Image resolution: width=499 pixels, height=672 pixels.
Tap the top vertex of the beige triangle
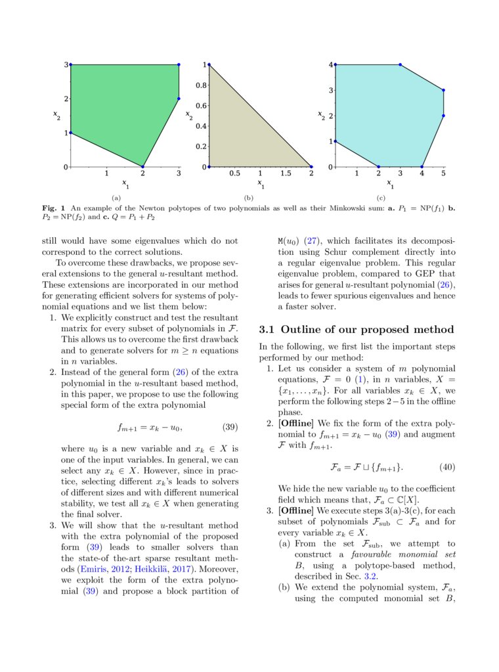tap(208, 65)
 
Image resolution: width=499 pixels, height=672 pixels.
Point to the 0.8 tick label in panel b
tap(201, 85)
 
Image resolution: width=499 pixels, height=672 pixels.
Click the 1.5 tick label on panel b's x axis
tap(286, 174)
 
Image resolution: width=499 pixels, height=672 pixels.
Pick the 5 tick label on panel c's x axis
tap(443, 174)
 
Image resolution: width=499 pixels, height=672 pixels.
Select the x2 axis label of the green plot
tap(58, 116)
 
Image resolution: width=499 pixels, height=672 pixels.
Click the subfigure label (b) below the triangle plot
tap(248, 197)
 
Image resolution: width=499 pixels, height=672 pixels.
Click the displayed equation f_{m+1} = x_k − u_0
tap(150, 428)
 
